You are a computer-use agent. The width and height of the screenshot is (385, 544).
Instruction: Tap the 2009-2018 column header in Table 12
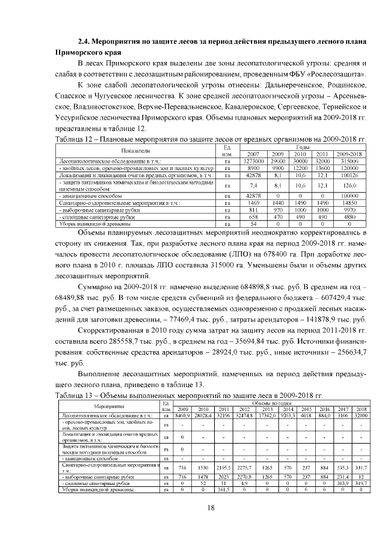[x=350, y=154]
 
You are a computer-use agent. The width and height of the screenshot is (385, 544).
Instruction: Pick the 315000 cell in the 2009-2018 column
[x=350, y=160]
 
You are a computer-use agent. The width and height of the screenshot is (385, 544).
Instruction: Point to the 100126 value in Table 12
[x=350, y=175]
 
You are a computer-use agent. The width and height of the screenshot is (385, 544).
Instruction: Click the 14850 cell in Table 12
[x=350, y=203]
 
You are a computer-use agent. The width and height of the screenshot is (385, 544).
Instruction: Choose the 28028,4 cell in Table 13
[x=202, y=415]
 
